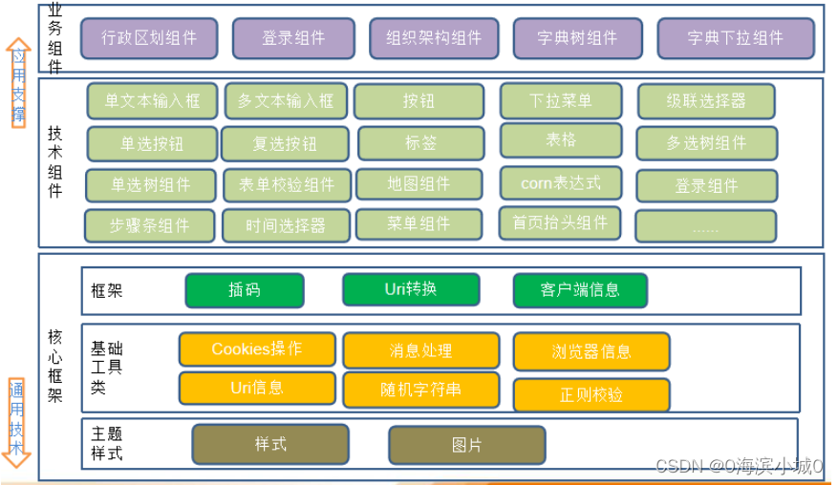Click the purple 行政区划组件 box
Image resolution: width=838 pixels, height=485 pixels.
click(149, 38)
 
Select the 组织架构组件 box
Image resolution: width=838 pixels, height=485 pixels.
click(434, 38)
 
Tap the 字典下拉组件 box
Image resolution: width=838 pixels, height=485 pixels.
click(735, 38)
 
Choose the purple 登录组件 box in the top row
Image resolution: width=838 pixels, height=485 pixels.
click(293, 38)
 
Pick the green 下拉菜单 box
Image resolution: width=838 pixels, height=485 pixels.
click(560, 100)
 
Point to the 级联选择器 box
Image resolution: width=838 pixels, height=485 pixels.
click(705, 100)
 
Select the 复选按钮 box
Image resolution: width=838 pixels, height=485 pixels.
click(284, 144)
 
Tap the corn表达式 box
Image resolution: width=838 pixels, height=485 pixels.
click(560, 181)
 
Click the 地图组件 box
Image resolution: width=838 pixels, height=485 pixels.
click(419, 183)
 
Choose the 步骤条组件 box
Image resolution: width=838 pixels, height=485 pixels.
click(150, 226)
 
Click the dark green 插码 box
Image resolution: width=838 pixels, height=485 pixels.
click(244, 290)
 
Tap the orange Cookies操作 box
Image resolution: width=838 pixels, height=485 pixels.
click(256, 349)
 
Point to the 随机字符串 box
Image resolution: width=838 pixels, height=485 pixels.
click(420, 390)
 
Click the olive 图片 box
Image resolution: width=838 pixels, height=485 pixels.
click(466, 445)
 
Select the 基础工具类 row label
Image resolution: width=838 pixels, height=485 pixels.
click(106, 368)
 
